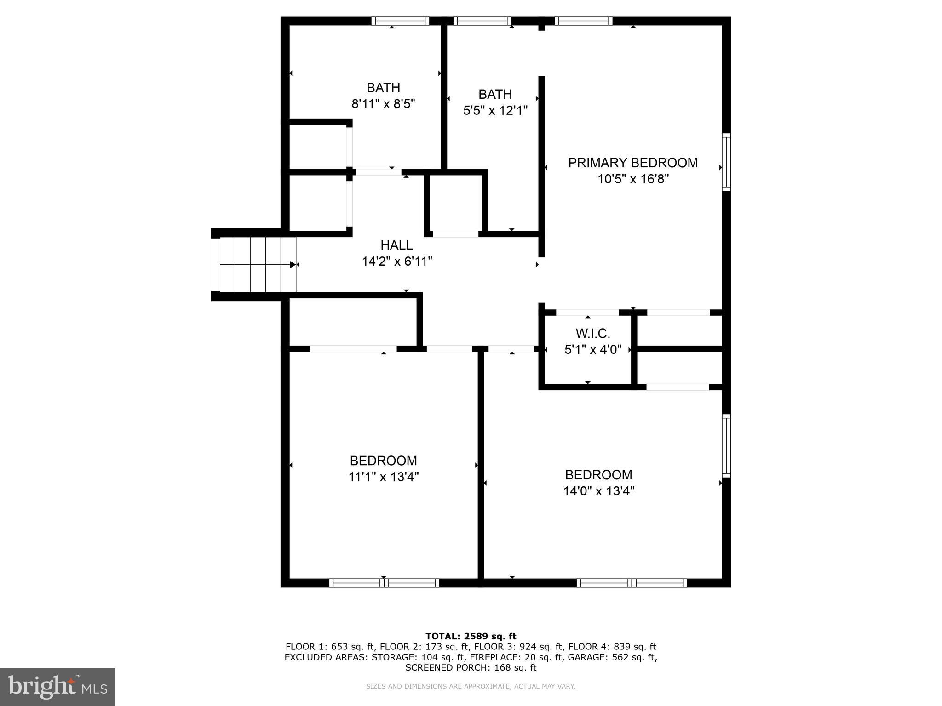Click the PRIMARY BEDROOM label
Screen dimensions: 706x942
633,163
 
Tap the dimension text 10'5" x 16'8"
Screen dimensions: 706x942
633,179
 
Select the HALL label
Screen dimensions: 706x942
396,245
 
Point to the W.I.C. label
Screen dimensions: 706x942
593,333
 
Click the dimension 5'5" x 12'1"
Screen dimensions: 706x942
495,111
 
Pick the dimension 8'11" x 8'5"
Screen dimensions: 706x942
383,104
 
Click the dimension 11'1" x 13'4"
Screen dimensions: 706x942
383,477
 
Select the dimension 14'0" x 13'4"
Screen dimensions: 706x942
599,491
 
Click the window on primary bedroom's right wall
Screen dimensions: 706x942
726,162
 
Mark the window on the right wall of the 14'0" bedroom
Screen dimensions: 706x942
726,445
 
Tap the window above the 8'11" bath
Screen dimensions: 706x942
400,21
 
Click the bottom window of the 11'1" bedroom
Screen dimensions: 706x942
384,583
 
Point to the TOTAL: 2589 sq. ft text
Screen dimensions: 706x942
471,637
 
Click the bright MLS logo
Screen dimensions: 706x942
57,687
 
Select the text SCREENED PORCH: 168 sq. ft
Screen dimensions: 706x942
471,668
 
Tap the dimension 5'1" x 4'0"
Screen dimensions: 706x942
593,350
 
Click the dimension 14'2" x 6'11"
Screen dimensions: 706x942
397,262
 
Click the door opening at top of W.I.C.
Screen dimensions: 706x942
587,313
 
